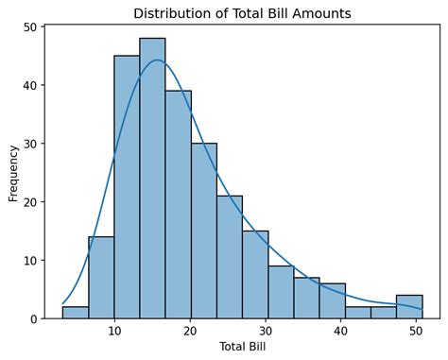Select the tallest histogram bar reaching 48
152,180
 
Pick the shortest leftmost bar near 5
76,313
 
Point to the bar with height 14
101,278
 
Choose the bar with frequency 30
203,231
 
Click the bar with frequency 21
229,257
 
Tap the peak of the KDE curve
156,60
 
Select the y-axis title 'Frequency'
13,173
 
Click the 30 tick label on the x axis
266,332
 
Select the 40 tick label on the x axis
342,332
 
